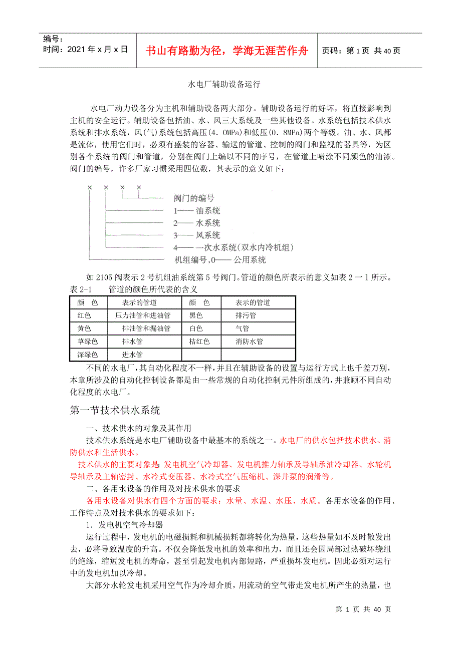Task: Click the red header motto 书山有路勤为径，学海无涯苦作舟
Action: pyautogui.click(x=226, y=51)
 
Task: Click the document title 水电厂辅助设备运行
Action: pyautogui.click(x=224, y=85)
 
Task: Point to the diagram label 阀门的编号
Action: pyautogui.click(x=194, y=198)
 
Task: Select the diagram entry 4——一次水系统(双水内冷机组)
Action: pyautogui.click(x=233, y=247)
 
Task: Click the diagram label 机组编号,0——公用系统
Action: pyautogui.click(x=219, y=260)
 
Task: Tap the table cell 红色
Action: pyautogui.click(x=84, y=315)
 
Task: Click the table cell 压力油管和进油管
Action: pyautogui.click(x=143, y=315)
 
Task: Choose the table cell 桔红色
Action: pyautogui.click(x=199, y=342)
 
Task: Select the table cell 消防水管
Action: pyautogui.click(x=249, y=342)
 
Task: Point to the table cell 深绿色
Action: pyautogui.click(x=87, y=355)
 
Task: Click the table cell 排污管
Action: pyautogui.click(x=246, y=315)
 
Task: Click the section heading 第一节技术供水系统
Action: pyautogui.click(x=115, y=411)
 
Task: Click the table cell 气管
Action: pyautogui.click(x=242, y=329)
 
